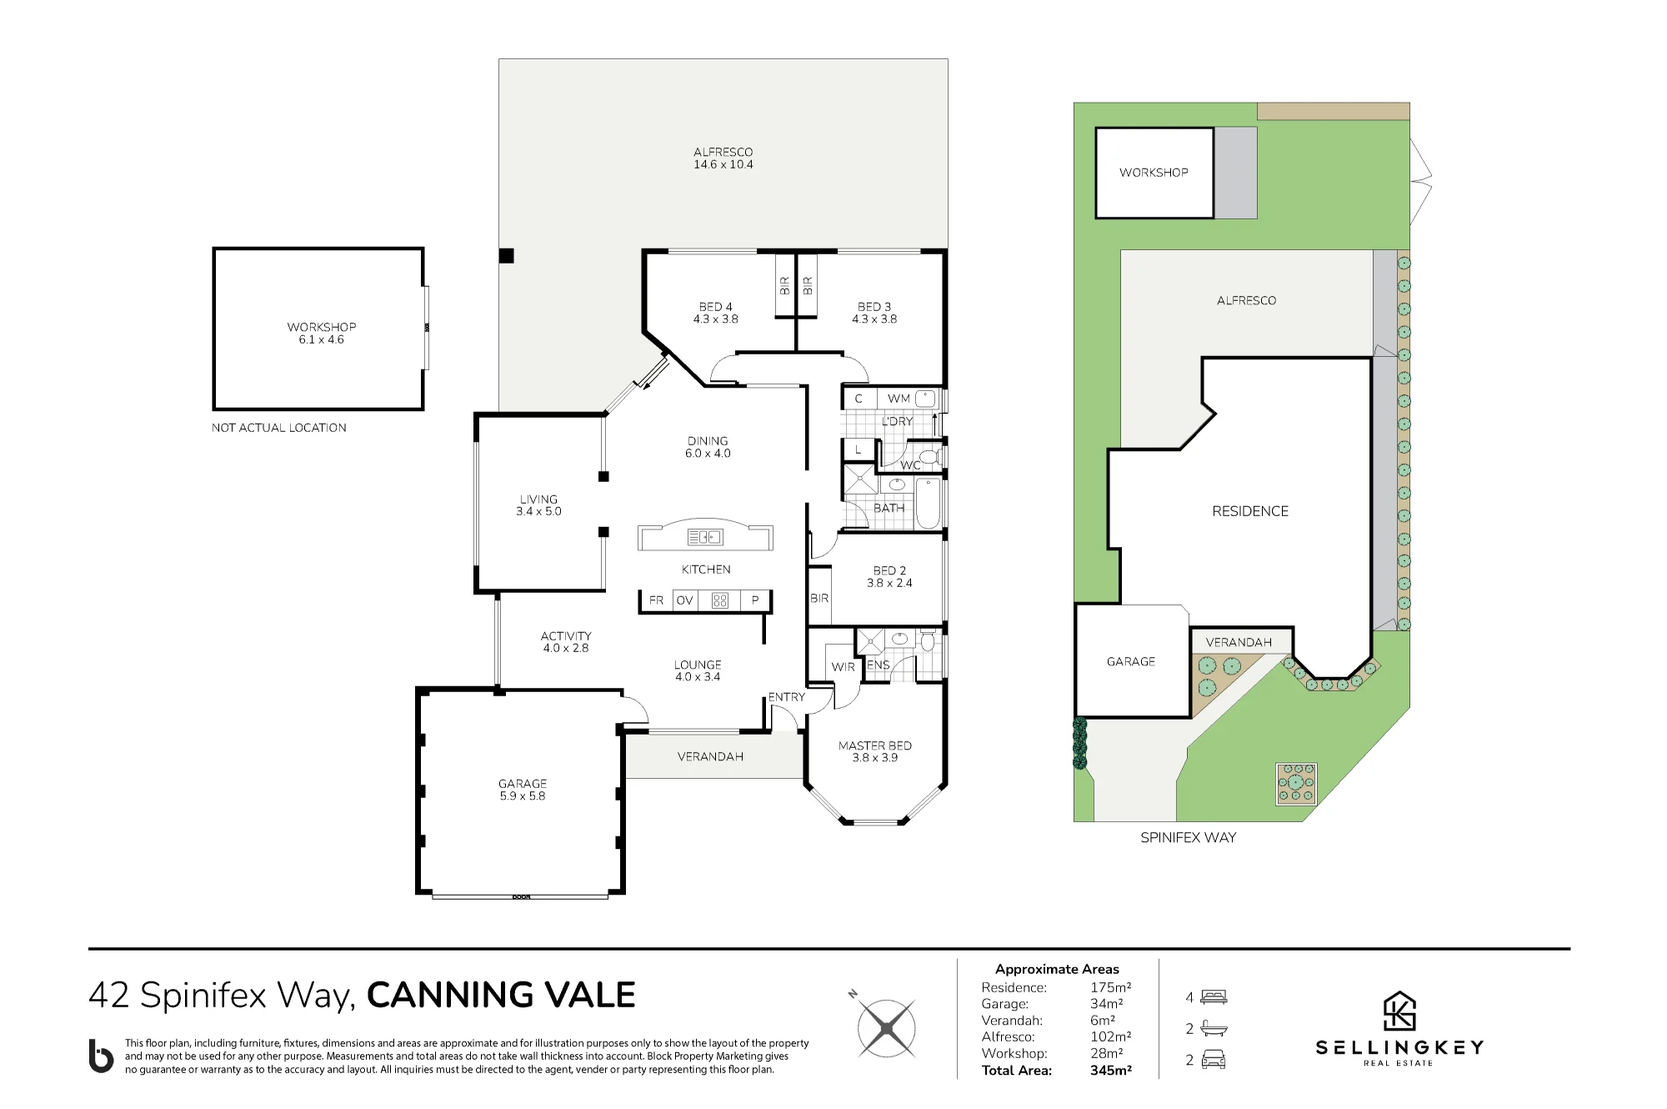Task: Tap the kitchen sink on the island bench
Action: pos(705,537)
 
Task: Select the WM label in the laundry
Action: pos(899,399)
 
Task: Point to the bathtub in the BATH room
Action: pos(929,503)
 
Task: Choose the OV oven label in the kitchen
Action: pos(685,600)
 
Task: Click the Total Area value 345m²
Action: pos(1111,1071)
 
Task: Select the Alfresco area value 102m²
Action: pos(1111,1037)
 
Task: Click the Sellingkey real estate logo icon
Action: pos(1399,1011)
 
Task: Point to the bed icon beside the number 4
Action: pos(1214,996)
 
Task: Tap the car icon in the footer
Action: pos(1214,1060)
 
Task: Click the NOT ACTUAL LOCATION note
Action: pos(279,428)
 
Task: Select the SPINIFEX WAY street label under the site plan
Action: pos(1189,837)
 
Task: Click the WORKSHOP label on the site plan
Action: pos(1154,173)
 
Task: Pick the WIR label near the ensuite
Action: pos(843,667)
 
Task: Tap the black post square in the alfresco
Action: pos(506,256)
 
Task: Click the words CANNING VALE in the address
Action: pos(501,995)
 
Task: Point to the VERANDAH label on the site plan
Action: pos(1239,642)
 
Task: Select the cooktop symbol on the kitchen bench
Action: pos(720,600)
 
